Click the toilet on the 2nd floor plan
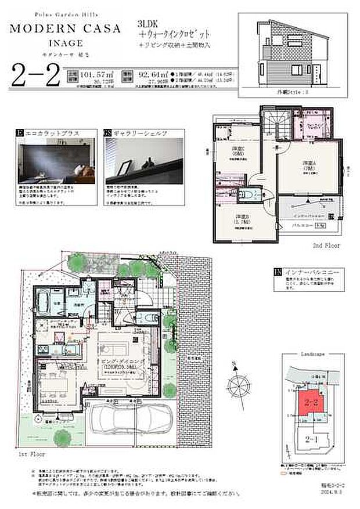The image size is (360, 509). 250,194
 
